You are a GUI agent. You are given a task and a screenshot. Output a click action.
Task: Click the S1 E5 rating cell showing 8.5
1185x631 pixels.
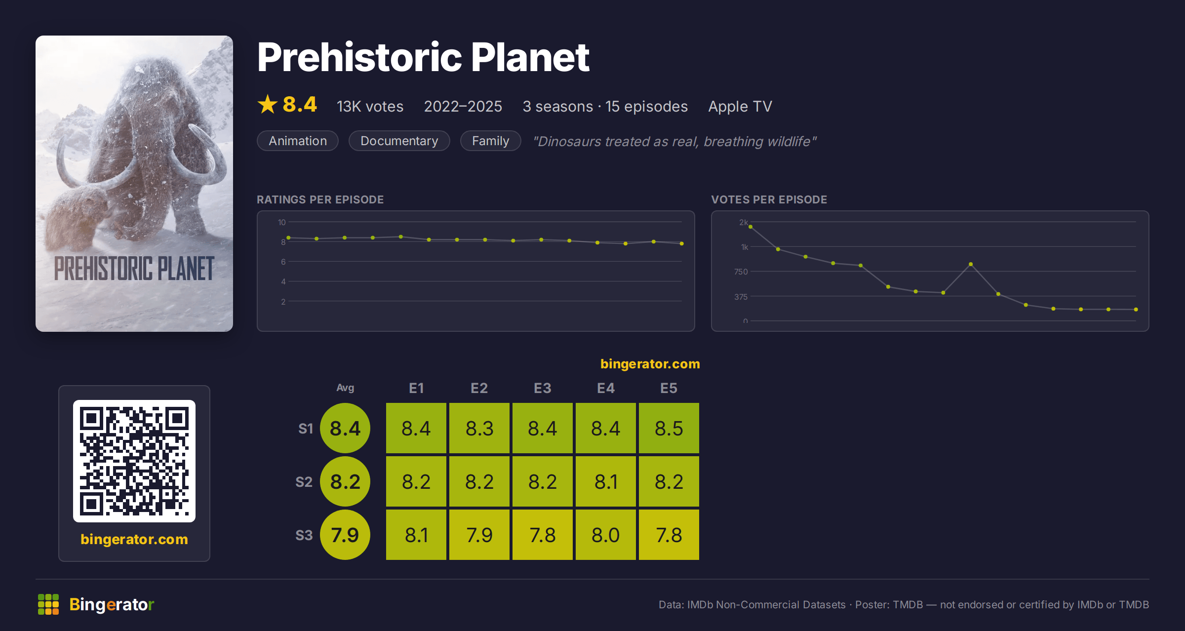click(x=669, y=428)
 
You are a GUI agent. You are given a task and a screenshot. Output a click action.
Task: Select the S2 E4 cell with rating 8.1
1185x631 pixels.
click(x=606, y=481)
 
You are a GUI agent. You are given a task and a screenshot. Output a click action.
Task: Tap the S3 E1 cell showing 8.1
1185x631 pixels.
click(x=416, y=535)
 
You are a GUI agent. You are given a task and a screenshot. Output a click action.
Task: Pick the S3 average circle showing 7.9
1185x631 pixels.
click(x=345, y=535)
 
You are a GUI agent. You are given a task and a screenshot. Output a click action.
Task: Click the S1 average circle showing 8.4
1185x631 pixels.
click(x=345, y=428)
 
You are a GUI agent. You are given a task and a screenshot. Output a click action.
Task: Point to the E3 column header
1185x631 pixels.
click(x=543, y=388)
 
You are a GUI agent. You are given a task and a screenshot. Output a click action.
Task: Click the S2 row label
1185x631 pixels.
click(x=304, y=482)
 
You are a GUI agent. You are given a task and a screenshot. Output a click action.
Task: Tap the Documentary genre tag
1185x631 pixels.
click(x=399, y=141)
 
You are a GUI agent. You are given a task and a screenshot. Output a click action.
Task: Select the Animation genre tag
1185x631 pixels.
click(x=298, y=141)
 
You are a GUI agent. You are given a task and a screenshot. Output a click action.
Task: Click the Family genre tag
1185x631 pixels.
click(x=491, y=141)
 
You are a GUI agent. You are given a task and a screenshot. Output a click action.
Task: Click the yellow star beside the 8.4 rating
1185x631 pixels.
click(x=268, y=104)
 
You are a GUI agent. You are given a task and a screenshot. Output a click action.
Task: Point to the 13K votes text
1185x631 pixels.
click(x=370, y=106)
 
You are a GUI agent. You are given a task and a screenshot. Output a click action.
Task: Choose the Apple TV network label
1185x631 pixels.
click(x=740, y=106)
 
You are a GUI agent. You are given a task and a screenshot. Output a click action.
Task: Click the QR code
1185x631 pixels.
click(x=134, y=461)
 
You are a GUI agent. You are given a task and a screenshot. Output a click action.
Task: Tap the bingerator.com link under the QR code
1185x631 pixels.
click(x=134, y=539)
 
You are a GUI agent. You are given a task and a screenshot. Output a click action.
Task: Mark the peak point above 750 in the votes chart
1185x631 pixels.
click(x=971, y=264)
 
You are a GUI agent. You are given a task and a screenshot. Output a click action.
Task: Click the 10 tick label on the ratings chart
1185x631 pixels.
click(x=282, y=222)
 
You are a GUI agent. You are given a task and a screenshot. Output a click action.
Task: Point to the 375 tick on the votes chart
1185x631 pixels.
click(x=741, y=297)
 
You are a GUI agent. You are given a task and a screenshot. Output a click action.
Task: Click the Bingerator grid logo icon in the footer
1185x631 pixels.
click(x=48, y=604)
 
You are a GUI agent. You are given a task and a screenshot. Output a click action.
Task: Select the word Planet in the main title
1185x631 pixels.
click(x=530, y=57)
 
